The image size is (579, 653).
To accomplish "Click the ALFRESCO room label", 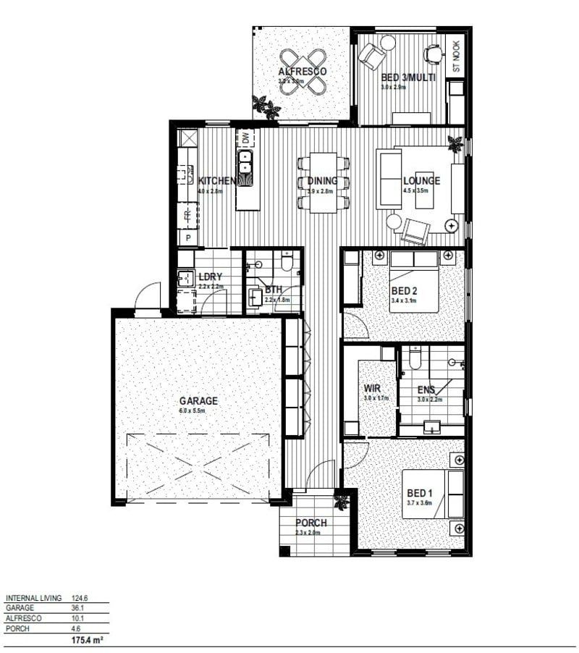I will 303,72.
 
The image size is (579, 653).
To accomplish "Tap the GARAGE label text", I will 198,400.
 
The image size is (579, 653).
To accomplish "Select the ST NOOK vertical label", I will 456,56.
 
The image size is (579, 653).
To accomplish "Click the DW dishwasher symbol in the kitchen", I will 245,138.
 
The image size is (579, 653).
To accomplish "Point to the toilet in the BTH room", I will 287,261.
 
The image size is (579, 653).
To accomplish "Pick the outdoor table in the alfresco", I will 303,72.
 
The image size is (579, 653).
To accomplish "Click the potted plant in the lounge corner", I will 455,143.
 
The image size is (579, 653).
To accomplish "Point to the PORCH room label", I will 311,523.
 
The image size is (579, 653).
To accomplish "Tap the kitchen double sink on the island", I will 246,161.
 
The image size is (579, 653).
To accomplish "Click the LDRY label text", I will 210,277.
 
